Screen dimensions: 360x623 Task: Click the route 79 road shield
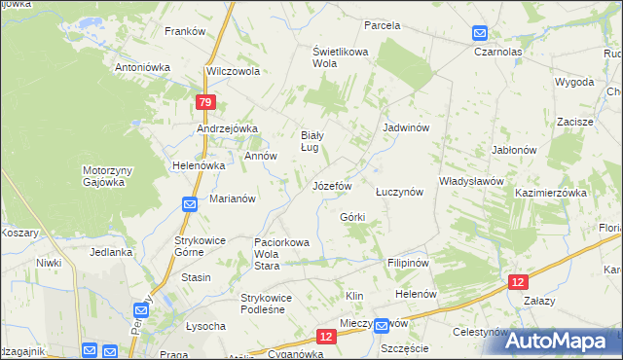[x=203, y=103]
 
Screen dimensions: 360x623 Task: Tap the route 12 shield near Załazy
[x=519, y=281]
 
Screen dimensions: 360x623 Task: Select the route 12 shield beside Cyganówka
[x=325, y=337]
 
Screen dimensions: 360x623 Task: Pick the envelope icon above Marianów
[x=190, y=204]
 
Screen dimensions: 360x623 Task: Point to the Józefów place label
[x=330, y=185]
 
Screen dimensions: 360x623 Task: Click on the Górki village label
[x=351, y=217]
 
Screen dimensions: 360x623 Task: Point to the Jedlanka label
[x=110, y=252]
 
